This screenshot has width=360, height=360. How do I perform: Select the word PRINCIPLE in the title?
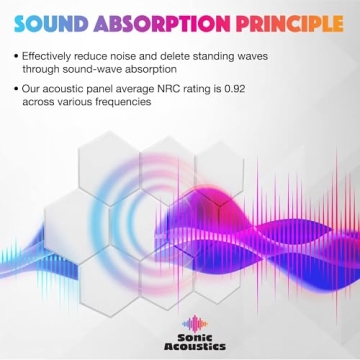(x=282, y=21)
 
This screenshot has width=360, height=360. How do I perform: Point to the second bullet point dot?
(x=20, y=89)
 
